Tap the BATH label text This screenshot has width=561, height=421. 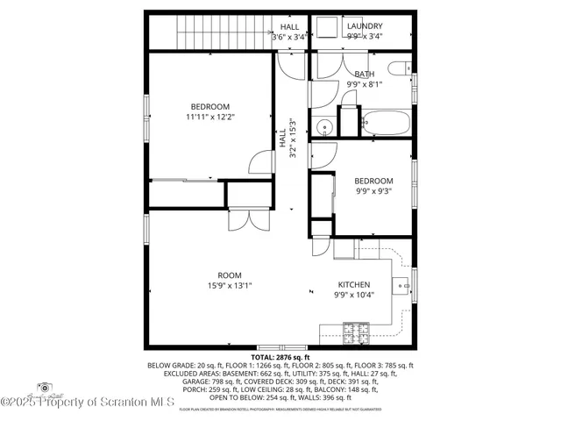click(x=365, y=74)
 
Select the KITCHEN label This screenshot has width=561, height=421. click(x=354, y=285)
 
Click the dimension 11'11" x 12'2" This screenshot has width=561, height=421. click(x=209, y=116)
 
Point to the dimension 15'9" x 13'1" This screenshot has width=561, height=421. click(x=230, y=285)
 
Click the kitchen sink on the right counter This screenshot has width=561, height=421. click(x=403, y=284)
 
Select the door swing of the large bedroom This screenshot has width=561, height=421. click(x=260, y=162)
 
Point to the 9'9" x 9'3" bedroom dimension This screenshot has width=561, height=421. click(x=373, y=190)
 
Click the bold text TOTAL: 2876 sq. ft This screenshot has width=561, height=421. click(x=280, y=357)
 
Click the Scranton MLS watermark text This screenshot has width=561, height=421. click(x=88, y=402)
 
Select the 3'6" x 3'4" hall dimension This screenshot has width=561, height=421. click(x=289, y=38)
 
